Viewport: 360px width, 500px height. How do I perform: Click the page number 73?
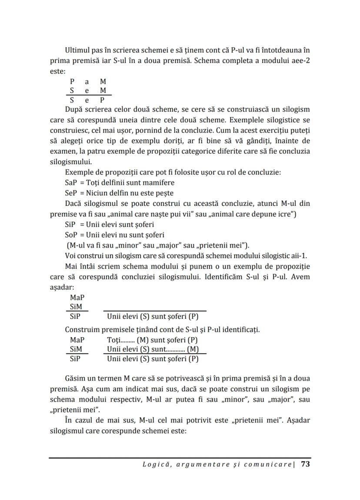click(305, 464)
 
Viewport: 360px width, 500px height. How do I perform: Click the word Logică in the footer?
click(155, 464)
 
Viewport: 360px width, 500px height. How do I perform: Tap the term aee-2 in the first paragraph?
click(300, 60)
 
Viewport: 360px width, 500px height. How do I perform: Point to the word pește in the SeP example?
click(164, 193)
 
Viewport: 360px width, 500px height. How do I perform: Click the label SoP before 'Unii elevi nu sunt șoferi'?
click(71, 235)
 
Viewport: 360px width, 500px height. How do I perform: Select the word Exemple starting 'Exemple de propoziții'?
click(78, 172)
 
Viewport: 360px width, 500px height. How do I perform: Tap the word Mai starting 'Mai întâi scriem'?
click(71, 265)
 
